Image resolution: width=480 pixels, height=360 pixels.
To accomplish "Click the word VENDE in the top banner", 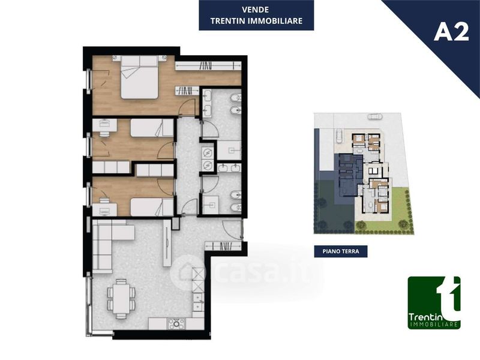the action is [256, 10].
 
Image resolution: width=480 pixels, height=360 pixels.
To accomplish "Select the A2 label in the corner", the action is [451, 32].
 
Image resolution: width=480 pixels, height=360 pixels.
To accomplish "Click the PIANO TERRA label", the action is [341, 251].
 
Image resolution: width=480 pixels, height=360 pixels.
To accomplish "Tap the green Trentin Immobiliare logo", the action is [434, 303].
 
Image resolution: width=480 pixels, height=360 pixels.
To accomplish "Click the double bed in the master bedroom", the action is [139, 77].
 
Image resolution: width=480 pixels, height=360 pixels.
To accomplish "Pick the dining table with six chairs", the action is [121, 299].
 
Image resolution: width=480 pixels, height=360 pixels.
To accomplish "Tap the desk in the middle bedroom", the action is [104, 125].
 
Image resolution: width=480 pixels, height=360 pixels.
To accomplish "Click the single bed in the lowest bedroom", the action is [152, 207].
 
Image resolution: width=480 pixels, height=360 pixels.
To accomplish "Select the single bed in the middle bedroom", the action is [152, 128].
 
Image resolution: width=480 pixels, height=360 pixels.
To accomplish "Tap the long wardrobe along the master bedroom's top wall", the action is [208, 65].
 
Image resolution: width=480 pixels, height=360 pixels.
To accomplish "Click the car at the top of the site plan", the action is [375, 116].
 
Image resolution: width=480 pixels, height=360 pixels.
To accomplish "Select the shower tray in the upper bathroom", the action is [229, 150].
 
